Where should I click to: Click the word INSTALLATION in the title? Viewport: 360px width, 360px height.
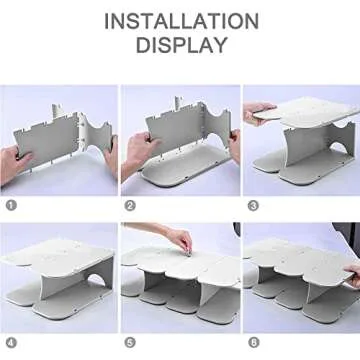180,21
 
